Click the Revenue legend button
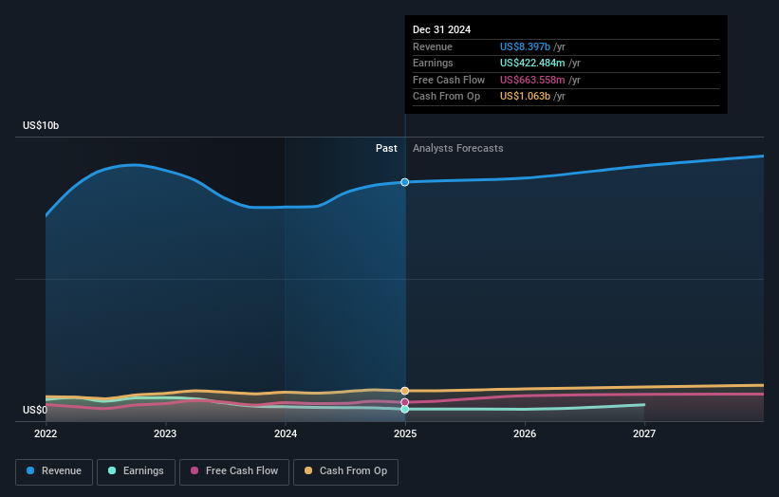(x=53, y=471)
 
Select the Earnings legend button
(x=135, y=471)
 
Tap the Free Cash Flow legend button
(x=234, y=471)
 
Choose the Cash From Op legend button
(x=346, y=471)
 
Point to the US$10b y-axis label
(x=41, y=126)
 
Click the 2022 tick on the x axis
(x=46, y=434)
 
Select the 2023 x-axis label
(x=165, y=434)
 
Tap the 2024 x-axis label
(x=286, y=434)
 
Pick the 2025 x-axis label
(x=405, y=434)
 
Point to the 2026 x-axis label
(x=525, y=434)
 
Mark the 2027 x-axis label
(x=644, y=434)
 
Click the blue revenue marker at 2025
(x=405, y=182)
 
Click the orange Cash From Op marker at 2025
(x=405, y=391)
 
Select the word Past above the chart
(x=386, y=149)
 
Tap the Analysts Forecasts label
(x=457, y=149)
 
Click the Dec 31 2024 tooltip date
(x=441, y=30)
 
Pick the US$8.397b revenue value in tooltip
(x=532, y=47)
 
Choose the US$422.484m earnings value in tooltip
(x=540, y=64)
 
